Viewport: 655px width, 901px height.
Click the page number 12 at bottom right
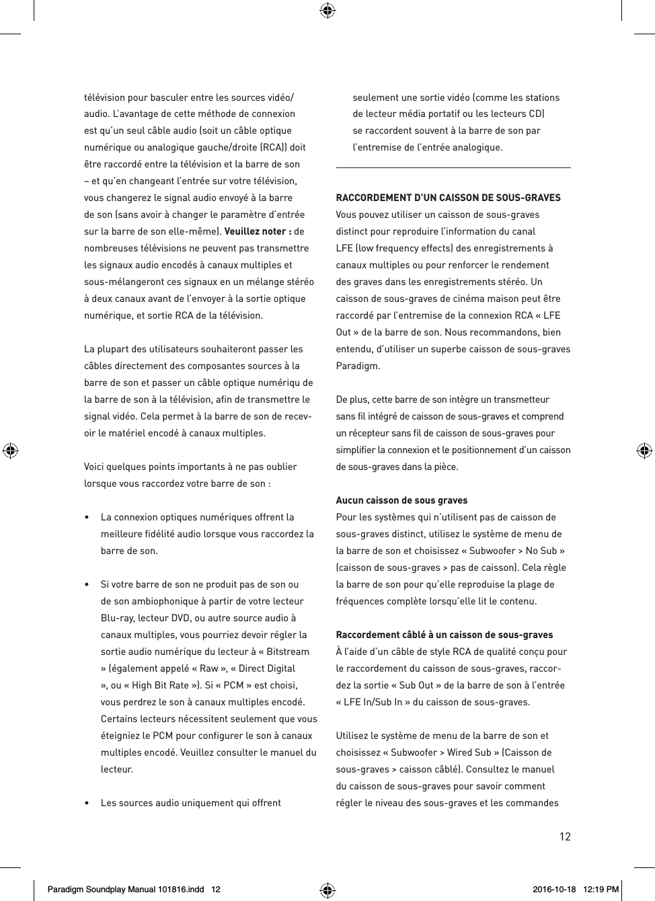[565, 836]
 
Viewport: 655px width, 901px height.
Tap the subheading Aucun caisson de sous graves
[401, 500]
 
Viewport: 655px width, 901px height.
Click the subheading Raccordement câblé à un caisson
[444, 635]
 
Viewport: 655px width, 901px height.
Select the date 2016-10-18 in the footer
[554, 890]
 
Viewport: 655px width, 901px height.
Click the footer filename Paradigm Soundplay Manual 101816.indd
[125, 890]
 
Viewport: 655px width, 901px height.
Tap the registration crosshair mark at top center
[327, 10]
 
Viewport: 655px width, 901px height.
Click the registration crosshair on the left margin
[10, 450]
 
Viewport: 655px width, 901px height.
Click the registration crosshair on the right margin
[644, 450]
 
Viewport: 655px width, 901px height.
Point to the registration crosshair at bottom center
[327, 890]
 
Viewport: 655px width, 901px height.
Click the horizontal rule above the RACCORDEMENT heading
[453, 167]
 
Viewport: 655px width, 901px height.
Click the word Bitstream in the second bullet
[288, 652]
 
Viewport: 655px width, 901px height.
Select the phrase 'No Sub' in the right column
[541, 551]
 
